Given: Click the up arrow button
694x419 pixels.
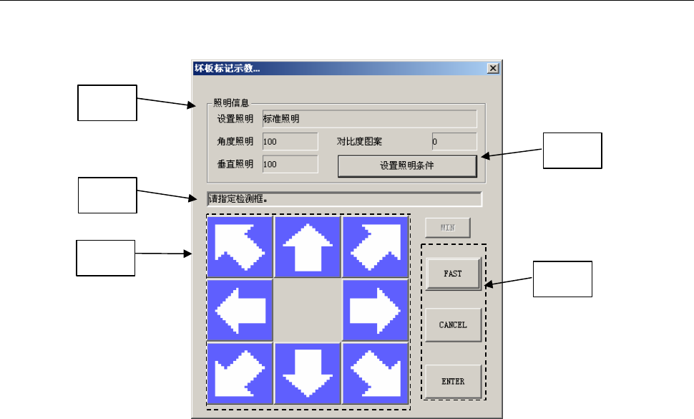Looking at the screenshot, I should [308, 246].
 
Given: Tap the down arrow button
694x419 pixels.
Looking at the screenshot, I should [308, 375].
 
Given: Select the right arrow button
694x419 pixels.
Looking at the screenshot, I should [376, 310].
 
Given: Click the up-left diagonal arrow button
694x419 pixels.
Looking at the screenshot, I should [240, 246].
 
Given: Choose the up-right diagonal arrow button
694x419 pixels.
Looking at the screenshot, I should [376, 246].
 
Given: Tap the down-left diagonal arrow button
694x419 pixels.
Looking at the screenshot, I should [240, 375].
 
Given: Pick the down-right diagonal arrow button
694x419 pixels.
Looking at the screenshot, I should [376, 375].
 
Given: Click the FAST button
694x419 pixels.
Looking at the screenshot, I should [453, 274].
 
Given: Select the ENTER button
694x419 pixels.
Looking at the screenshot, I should [453, 382].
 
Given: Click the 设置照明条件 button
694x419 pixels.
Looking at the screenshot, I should [407, 166].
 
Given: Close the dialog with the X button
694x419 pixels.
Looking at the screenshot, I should [492, 68].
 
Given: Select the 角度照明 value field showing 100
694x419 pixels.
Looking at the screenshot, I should [290, 142].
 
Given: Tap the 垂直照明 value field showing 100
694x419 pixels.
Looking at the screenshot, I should [290, 165].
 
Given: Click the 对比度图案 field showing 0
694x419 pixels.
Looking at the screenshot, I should [454, 142].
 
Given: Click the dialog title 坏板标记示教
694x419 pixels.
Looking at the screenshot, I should [228, 69].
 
